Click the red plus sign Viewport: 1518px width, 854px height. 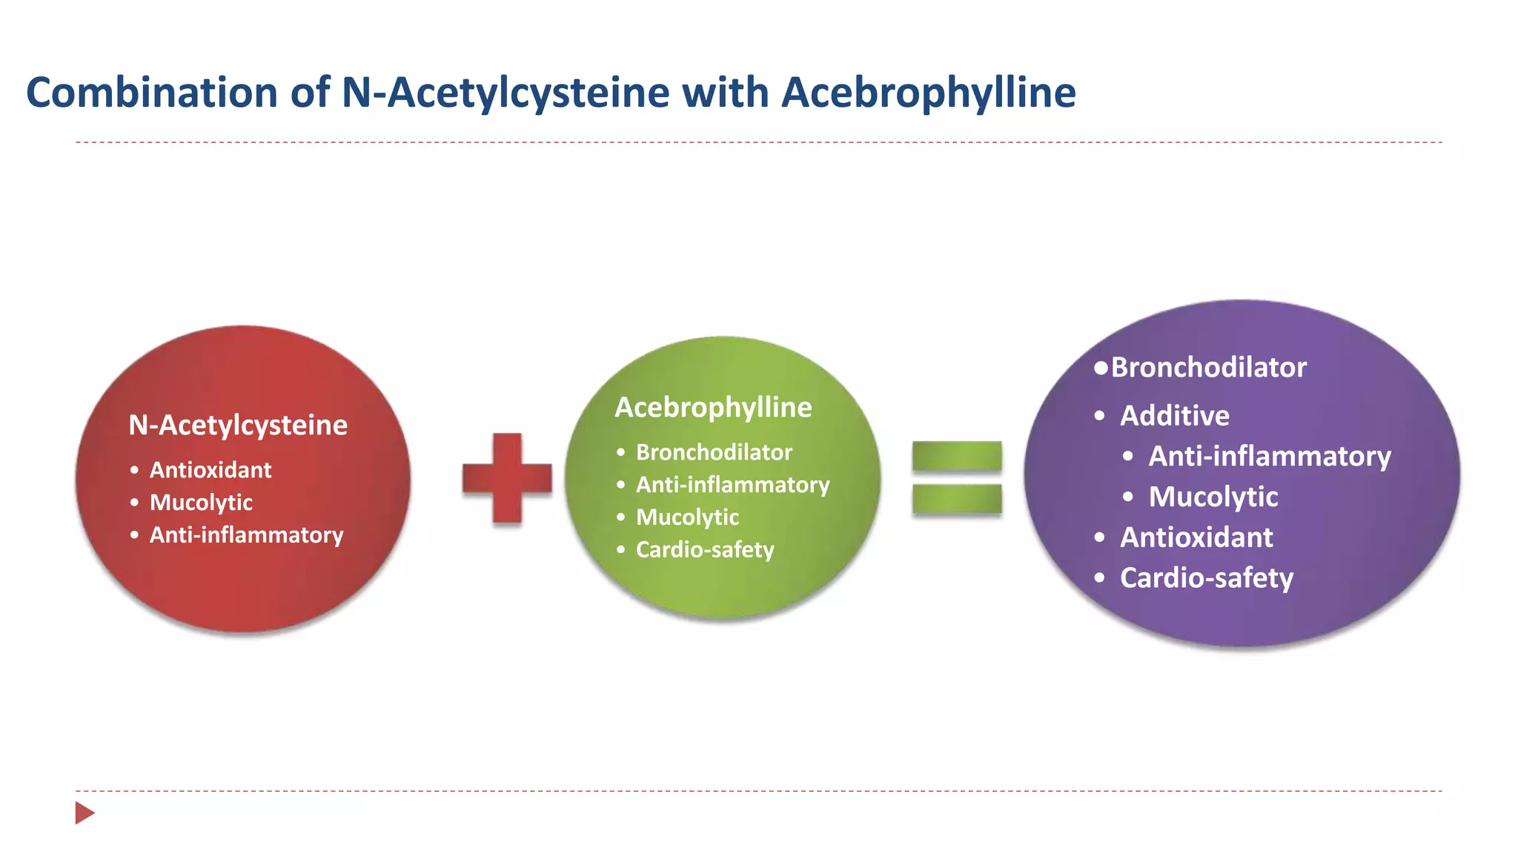click(507, 478)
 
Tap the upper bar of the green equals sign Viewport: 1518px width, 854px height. click(957, 456)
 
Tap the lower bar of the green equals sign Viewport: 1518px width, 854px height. click(957, 498)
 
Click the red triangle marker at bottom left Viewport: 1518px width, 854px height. click(84, 812)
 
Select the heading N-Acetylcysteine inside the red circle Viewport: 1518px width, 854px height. click(238, 425)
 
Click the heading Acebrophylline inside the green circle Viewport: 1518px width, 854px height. click(713, 407)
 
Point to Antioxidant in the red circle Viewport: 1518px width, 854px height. click(211, 470)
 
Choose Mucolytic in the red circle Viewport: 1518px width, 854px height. click(201, 503)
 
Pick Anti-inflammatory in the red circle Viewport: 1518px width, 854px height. click(246, 535)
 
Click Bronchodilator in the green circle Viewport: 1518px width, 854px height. click(714, 452)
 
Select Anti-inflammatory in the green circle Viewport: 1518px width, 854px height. click(732, 485)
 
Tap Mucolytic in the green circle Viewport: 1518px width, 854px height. click(687, 517)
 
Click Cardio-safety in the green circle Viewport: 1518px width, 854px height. click(705, 550)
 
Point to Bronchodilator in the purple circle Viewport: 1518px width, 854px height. click(1208, 367)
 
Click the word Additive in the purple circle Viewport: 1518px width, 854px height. click(1174, 415)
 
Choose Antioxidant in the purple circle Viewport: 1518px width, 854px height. click(1196, 537)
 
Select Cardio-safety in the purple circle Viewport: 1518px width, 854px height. click(1206, 577)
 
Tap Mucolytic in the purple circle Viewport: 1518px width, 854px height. click(1213, 497)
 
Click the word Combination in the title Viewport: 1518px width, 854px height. click(152, 93)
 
